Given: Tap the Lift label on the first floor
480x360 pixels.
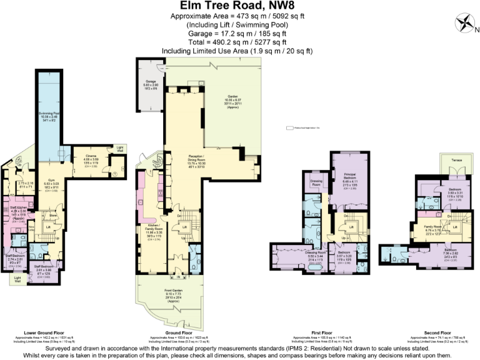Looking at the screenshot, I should [351, 226].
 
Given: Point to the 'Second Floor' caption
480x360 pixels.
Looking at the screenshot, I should [430, 332].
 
